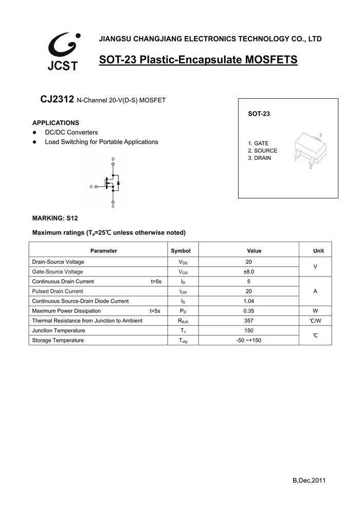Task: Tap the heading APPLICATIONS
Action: point(56,123)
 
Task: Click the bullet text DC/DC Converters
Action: point(71,133)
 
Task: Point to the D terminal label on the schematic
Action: point(113,159)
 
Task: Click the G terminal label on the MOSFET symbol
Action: point(91,187)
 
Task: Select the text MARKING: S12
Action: point(55,218)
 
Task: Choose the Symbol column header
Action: point(181,251)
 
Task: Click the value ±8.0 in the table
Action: point(249,272)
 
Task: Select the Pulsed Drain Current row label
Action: point(57,291)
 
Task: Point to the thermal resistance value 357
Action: point(249,321)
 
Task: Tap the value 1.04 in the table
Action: point(249,301)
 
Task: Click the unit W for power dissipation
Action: point(315,311)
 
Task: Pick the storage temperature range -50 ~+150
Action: point(249,340)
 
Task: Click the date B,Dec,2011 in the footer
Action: point(309,481)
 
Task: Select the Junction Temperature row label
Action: point(59,331)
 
